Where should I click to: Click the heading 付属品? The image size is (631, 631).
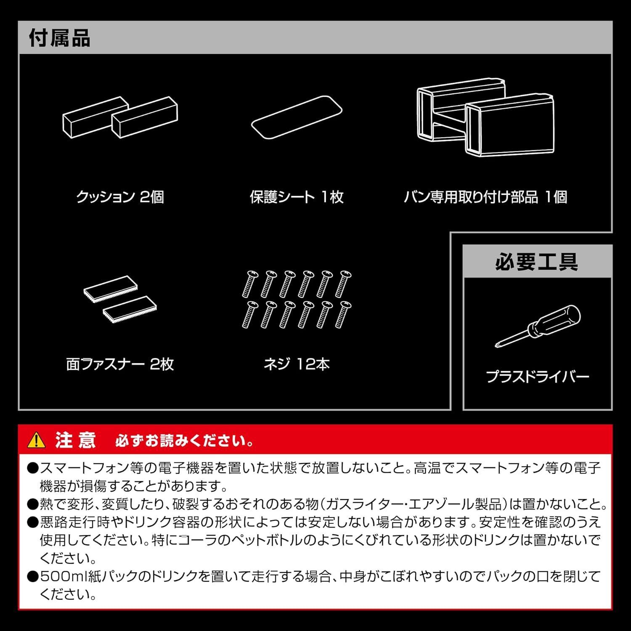click(x=59, y=38)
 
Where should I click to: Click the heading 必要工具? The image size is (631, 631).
click(x=537, y=262)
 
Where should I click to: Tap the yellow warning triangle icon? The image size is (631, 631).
click(x=36, y=440)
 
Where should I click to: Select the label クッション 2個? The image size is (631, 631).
click(x=120, y=197)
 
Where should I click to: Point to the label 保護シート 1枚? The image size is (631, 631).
click(x=297, y=197)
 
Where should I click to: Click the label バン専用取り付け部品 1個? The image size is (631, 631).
click(x=485, y=197)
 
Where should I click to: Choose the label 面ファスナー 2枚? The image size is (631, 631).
click(x=120, y=364)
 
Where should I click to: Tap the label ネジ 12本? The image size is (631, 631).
click(x=297, y=364)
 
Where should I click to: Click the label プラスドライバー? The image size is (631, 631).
click(x=537, y=376)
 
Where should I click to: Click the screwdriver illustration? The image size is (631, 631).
click(x=538, y=326)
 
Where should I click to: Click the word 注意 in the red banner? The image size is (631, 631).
click(x=75, y=440)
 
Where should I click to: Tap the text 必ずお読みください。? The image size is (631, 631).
click(x=184, y=441)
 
